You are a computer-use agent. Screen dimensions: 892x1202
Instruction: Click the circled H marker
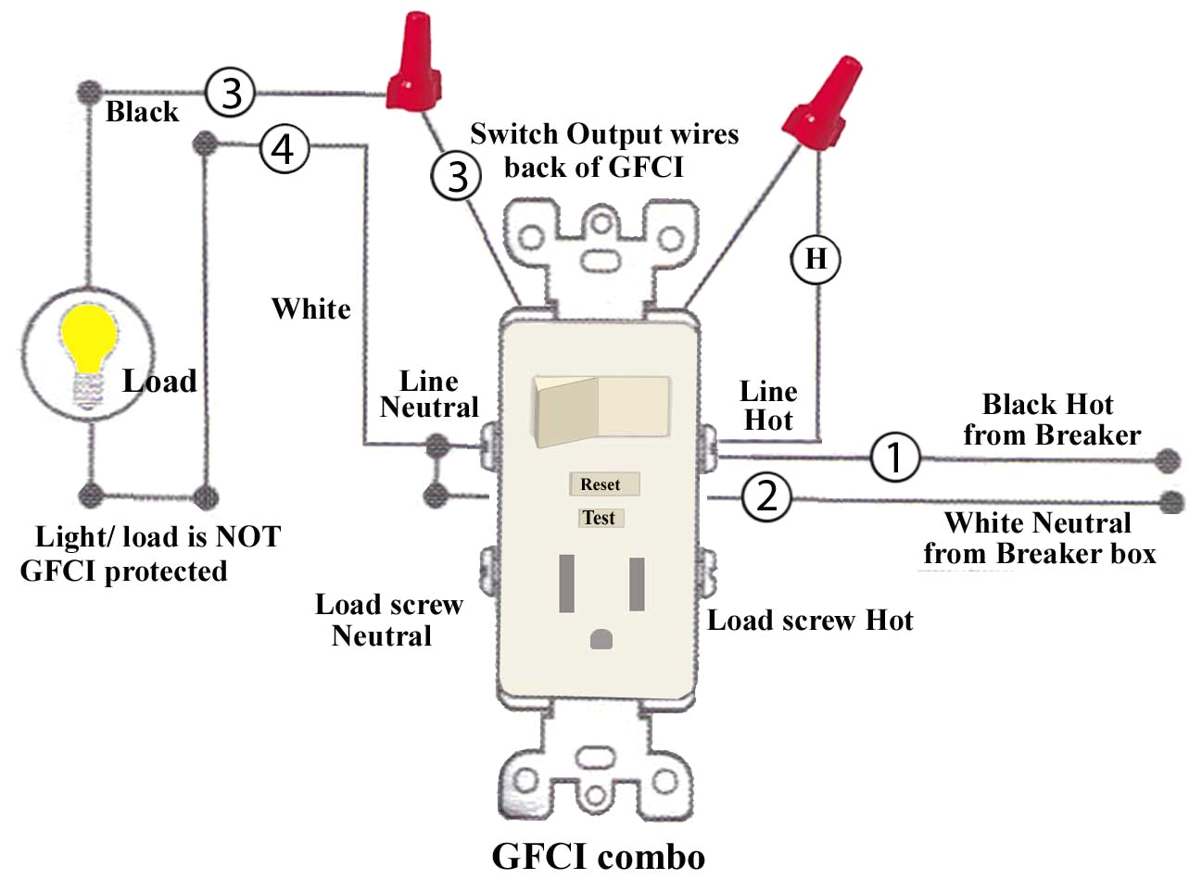[816, 258]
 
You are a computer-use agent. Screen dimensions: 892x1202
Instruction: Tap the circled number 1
[894, 457]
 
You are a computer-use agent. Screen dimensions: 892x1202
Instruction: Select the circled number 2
[766, 496]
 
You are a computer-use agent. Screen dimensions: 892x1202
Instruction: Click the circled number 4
[284, 148]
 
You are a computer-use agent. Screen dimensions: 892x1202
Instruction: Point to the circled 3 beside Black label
[230, 93]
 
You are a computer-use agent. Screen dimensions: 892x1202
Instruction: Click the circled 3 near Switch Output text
[456, 176]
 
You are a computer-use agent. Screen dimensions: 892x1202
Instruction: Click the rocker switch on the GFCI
[601, 407]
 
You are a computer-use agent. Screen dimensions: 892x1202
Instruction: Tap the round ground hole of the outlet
[601, 639]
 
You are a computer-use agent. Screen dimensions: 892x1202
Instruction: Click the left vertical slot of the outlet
[566, 584]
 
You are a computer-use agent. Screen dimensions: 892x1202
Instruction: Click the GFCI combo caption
[598, 857]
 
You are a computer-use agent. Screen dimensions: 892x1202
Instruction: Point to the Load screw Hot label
[809, 621]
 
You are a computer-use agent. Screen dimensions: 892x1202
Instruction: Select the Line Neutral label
[429, 395]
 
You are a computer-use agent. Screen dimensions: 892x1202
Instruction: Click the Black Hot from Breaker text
[1050, 420]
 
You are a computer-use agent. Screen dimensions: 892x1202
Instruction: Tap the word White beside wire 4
[311, 308]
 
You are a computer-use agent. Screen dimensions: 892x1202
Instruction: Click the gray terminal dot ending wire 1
[1169, 460]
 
